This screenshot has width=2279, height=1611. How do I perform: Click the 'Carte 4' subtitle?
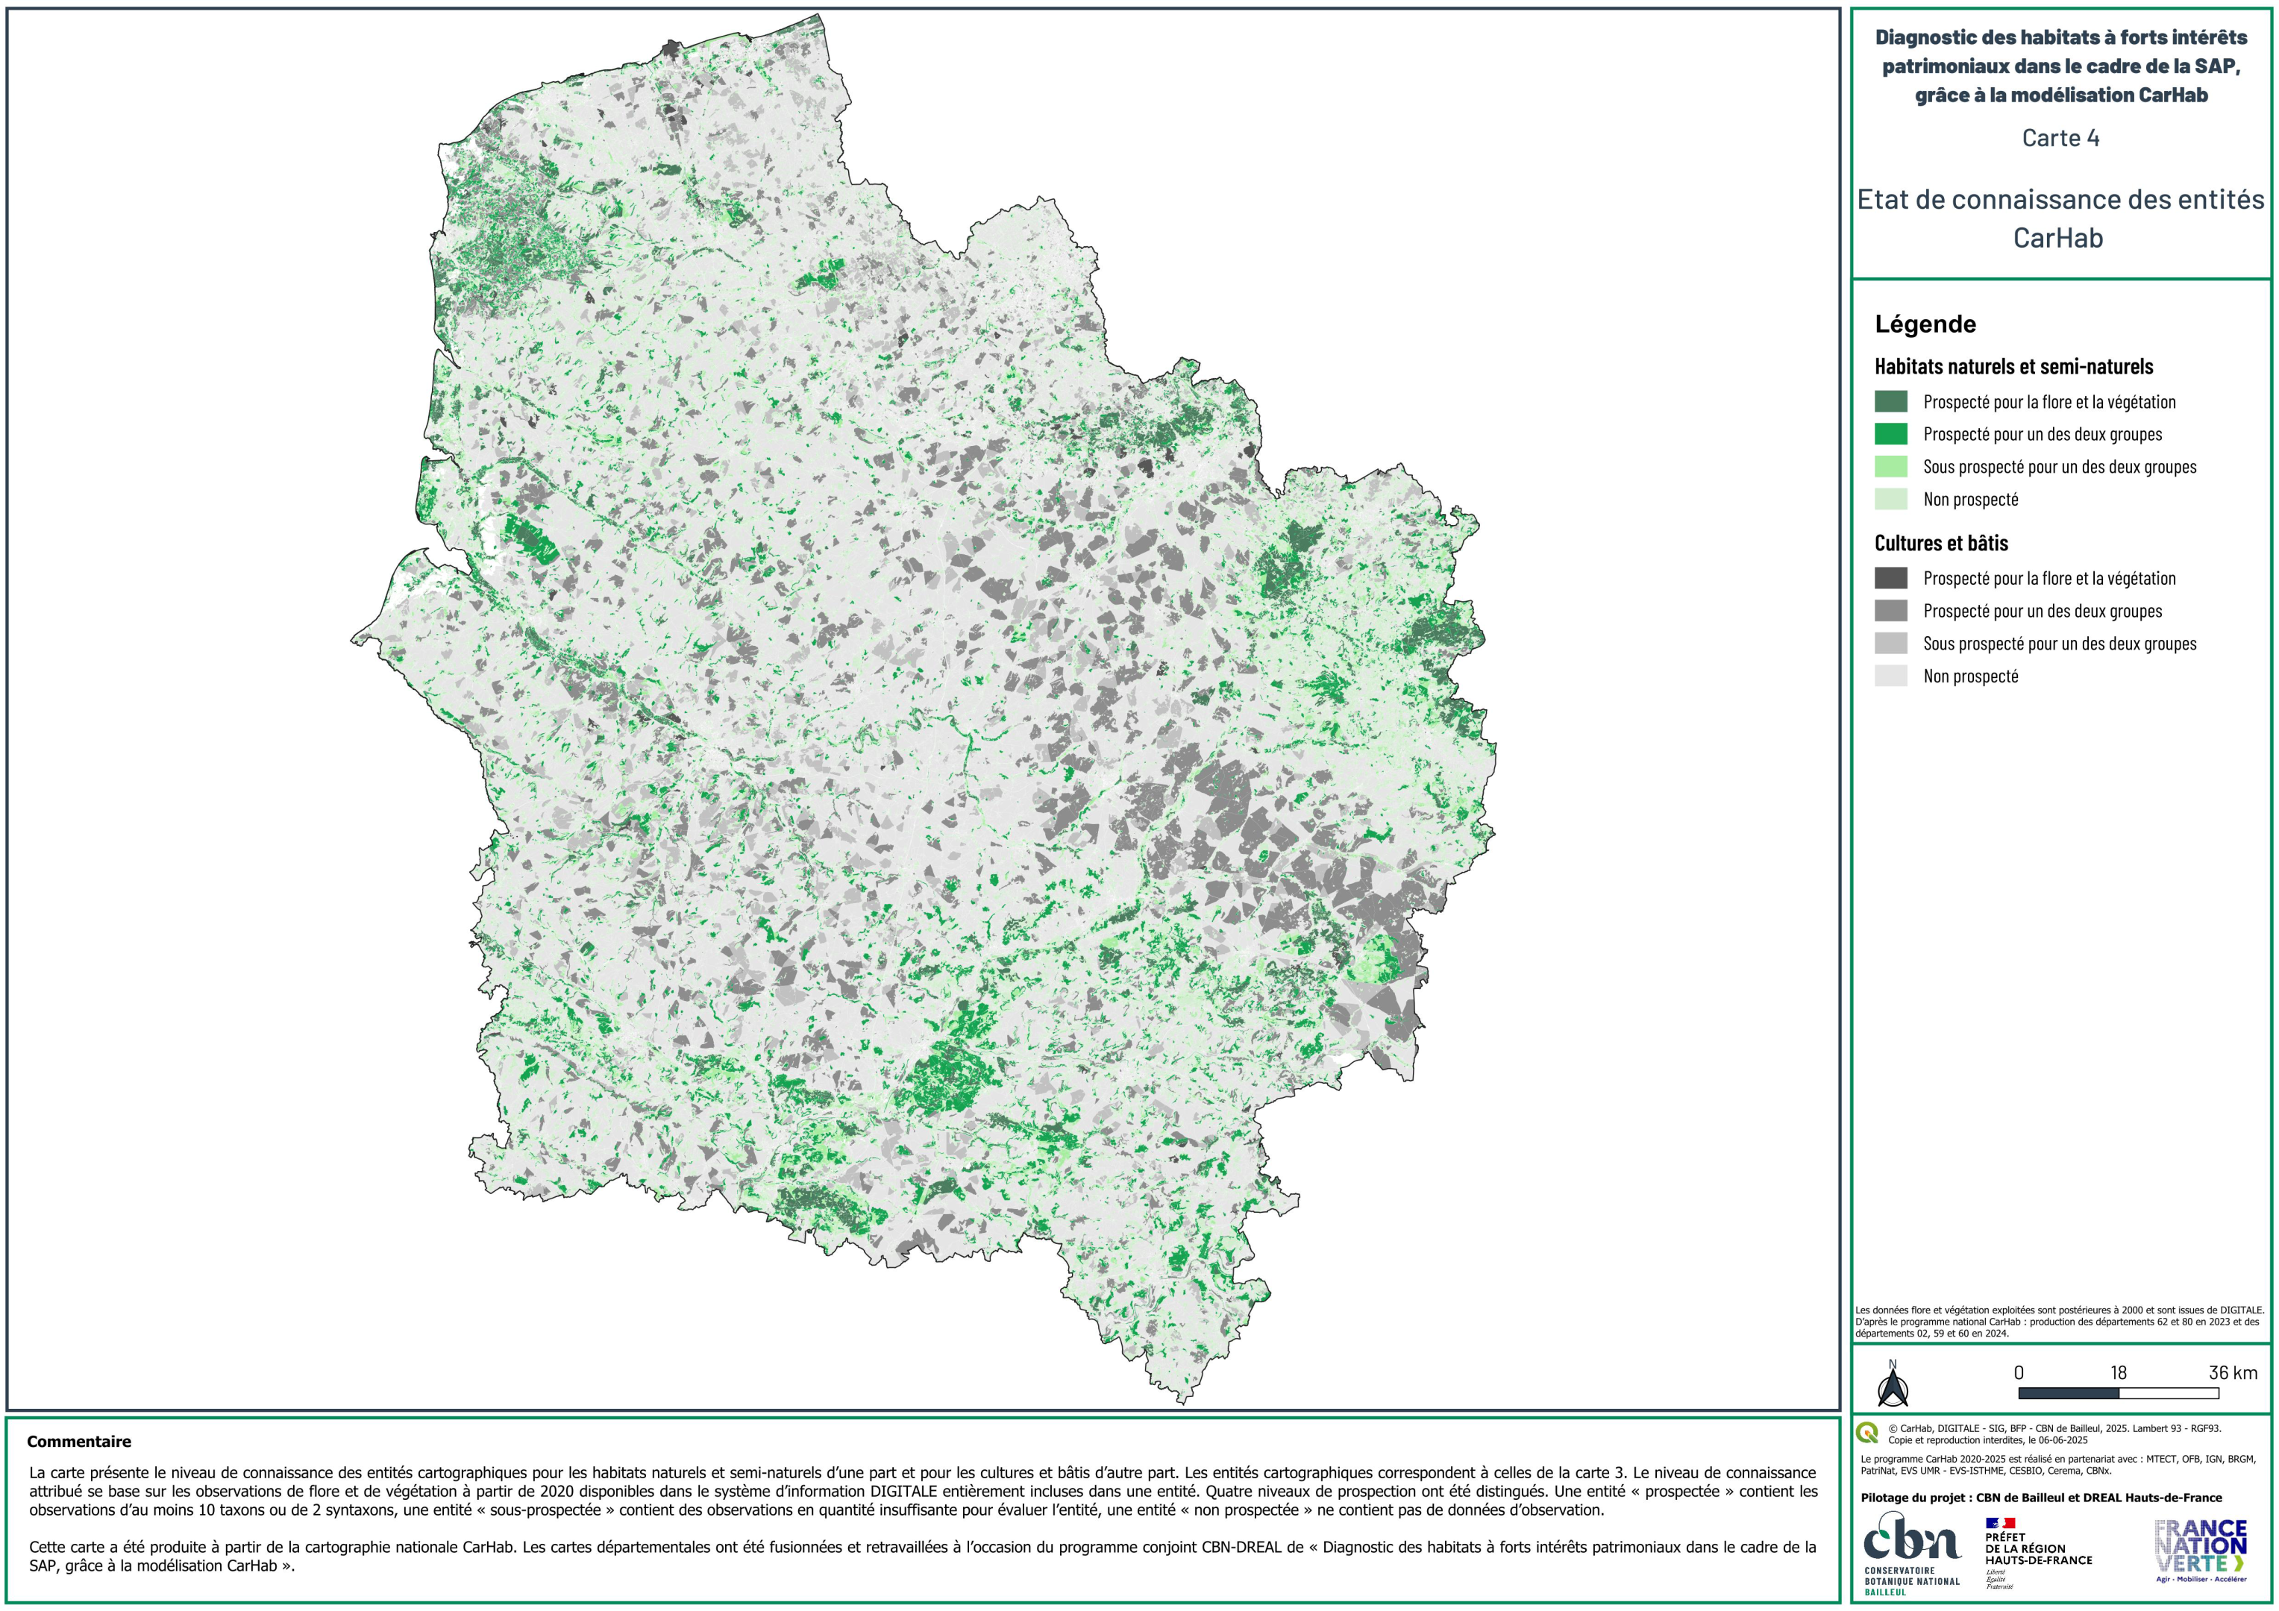[2060, 138]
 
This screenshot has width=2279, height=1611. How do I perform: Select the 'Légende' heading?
[1925, 324]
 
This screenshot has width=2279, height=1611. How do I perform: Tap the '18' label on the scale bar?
[2118, 1373]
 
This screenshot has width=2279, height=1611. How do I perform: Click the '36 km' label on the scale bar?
[2232, 1373]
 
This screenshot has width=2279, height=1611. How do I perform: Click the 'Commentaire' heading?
[78, 1441]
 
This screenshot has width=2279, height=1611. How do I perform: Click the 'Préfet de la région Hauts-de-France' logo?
[2037, 1551]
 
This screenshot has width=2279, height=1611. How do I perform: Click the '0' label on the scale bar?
[2018, 1373]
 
